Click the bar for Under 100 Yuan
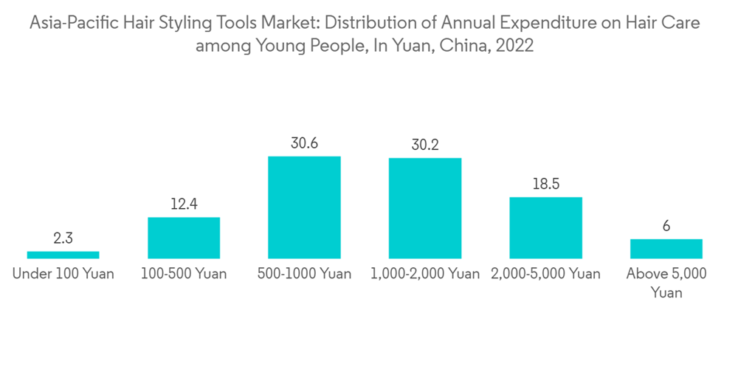click(x=63, y=255)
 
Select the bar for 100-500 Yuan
click(x=184, y=238)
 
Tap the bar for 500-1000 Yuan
click(x=304, y=207)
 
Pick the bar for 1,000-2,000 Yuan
click(x=425, y=208)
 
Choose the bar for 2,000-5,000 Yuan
click(x=545, y=227)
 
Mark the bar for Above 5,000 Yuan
click(x=666, y=249)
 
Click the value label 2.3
click(x=63, y=238)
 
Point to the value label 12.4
click(x=184, y=204)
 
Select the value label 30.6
click(x=304, y=143)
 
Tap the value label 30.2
click(x=425, y=145)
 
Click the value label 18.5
click(x=545, y=184)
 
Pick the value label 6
click(x=666, y=226)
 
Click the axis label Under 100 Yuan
click(x=63, y=274)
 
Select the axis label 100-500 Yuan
click(x=184, y=274)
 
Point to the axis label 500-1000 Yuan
click(x=304, y=274)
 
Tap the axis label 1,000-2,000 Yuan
click(x=425, y=274)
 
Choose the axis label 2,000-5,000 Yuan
click(x=545, y=274)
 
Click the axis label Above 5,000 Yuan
click(x=666, y=283)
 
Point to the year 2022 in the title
click(x=515, y=46)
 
